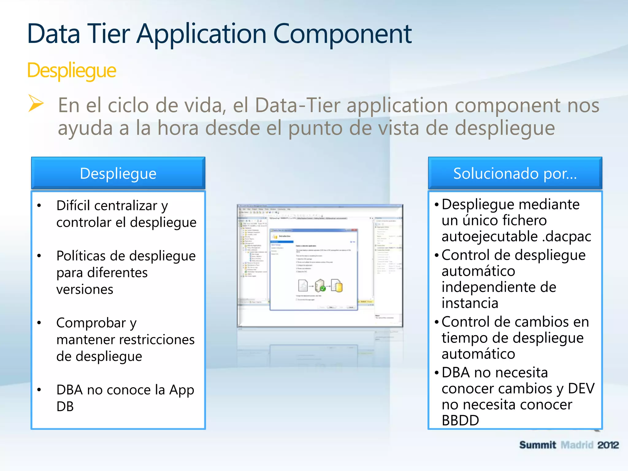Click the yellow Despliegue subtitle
(x=71, y=71)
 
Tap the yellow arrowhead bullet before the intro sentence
(x=36, y=103)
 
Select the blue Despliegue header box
(x=118, y=173)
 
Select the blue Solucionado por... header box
(x=515, y=173)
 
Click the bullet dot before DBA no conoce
(x=39, y=390)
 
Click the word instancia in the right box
(x=470, y=303)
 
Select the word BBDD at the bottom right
(x=460, y=420)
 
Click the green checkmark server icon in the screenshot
(x=320, y=286)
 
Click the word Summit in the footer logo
(x=538, y=445)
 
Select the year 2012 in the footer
(x=608, y=445)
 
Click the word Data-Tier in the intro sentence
(x=297, y=105)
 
